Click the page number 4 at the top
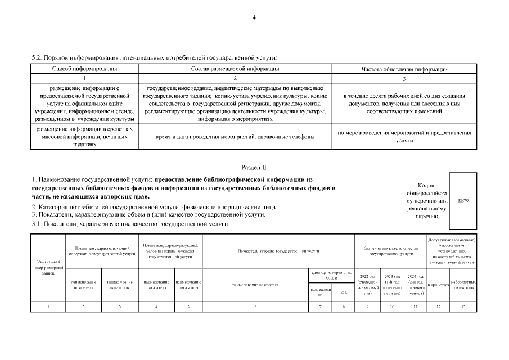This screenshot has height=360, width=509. [254, 18]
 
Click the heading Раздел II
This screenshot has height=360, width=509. [254, 168]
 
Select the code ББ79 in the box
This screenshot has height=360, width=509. [463, 201]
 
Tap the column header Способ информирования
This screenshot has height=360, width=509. [85, 69]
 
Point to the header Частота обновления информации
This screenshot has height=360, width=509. [404, 69]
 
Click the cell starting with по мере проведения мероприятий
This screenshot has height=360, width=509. [404, 137]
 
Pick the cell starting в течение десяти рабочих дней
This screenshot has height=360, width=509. [404, 103]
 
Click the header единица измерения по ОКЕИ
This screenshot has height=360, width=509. [331, 275]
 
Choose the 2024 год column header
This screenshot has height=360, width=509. [416, 285]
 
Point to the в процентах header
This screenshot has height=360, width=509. [439, 285]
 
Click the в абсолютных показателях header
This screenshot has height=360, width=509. [463, 285]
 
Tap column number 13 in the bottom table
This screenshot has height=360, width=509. [463, 307]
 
